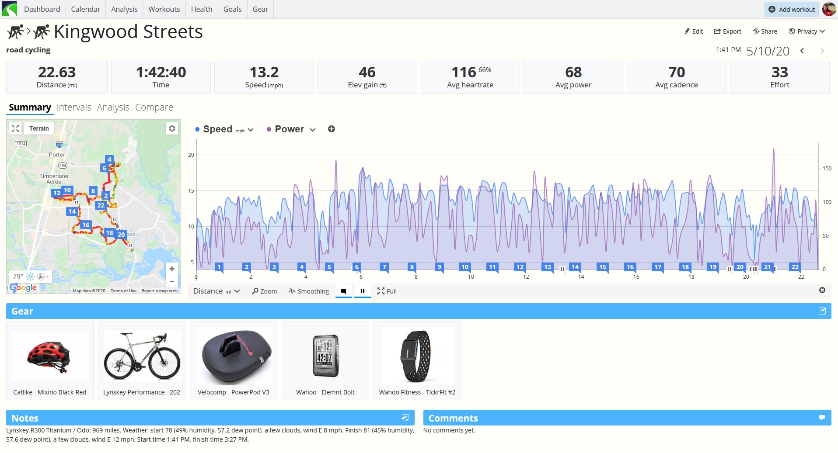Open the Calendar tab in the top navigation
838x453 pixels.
coord(85,9)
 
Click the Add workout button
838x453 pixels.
coord(792,9)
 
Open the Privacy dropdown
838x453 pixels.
coord(807,31)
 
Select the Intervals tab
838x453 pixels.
coord(74,107)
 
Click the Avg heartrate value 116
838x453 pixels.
coord(464,72)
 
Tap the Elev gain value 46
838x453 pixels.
coord(367,72)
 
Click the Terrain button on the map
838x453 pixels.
coord(39,128)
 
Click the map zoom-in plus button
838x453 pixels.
coord(172,269)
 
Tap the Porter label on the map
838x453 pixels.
coord(57,155)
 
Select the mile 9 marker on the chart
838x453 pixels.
coord(439,267)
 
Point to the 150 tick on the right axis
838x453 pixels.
coord(827,168)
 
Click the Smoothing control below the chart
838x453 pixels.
coord(309,291)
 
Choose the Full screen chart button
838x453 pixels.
coord(387,291)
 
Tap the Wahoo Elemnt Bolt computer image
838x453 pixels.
coord(325,356)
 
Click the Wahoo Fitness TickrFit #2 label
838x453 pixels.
coord(417,392)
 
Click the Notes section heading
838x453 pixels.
coord(25,418)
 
